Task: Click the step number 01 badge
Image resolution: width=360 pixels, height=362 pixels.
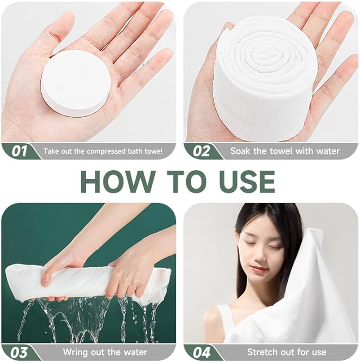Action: tap(20, 151)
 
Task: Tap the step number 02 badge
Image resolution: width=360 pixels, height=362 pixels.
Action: tap(201, 151)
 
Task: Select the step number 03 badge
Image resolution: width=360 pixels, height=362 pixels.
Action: tap(19, 352)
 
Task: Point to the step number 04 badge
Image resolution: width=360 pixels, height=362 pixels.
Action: tap(201, 352)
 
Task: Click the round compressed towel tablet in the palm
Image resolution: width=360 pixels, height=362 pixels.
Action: tap(76, 84)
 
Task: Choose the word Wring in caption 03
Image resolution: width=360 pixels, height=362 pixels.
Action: tap(75, 352)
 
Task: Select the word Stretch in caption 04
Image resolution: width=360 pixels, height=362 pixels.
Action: tap(262, 352)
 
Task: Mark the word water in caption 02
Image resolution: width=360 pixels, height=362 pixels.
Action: tap(328, 151)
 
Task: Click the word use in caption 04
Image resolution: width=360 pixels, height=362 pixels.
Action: tap(319, 352)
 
